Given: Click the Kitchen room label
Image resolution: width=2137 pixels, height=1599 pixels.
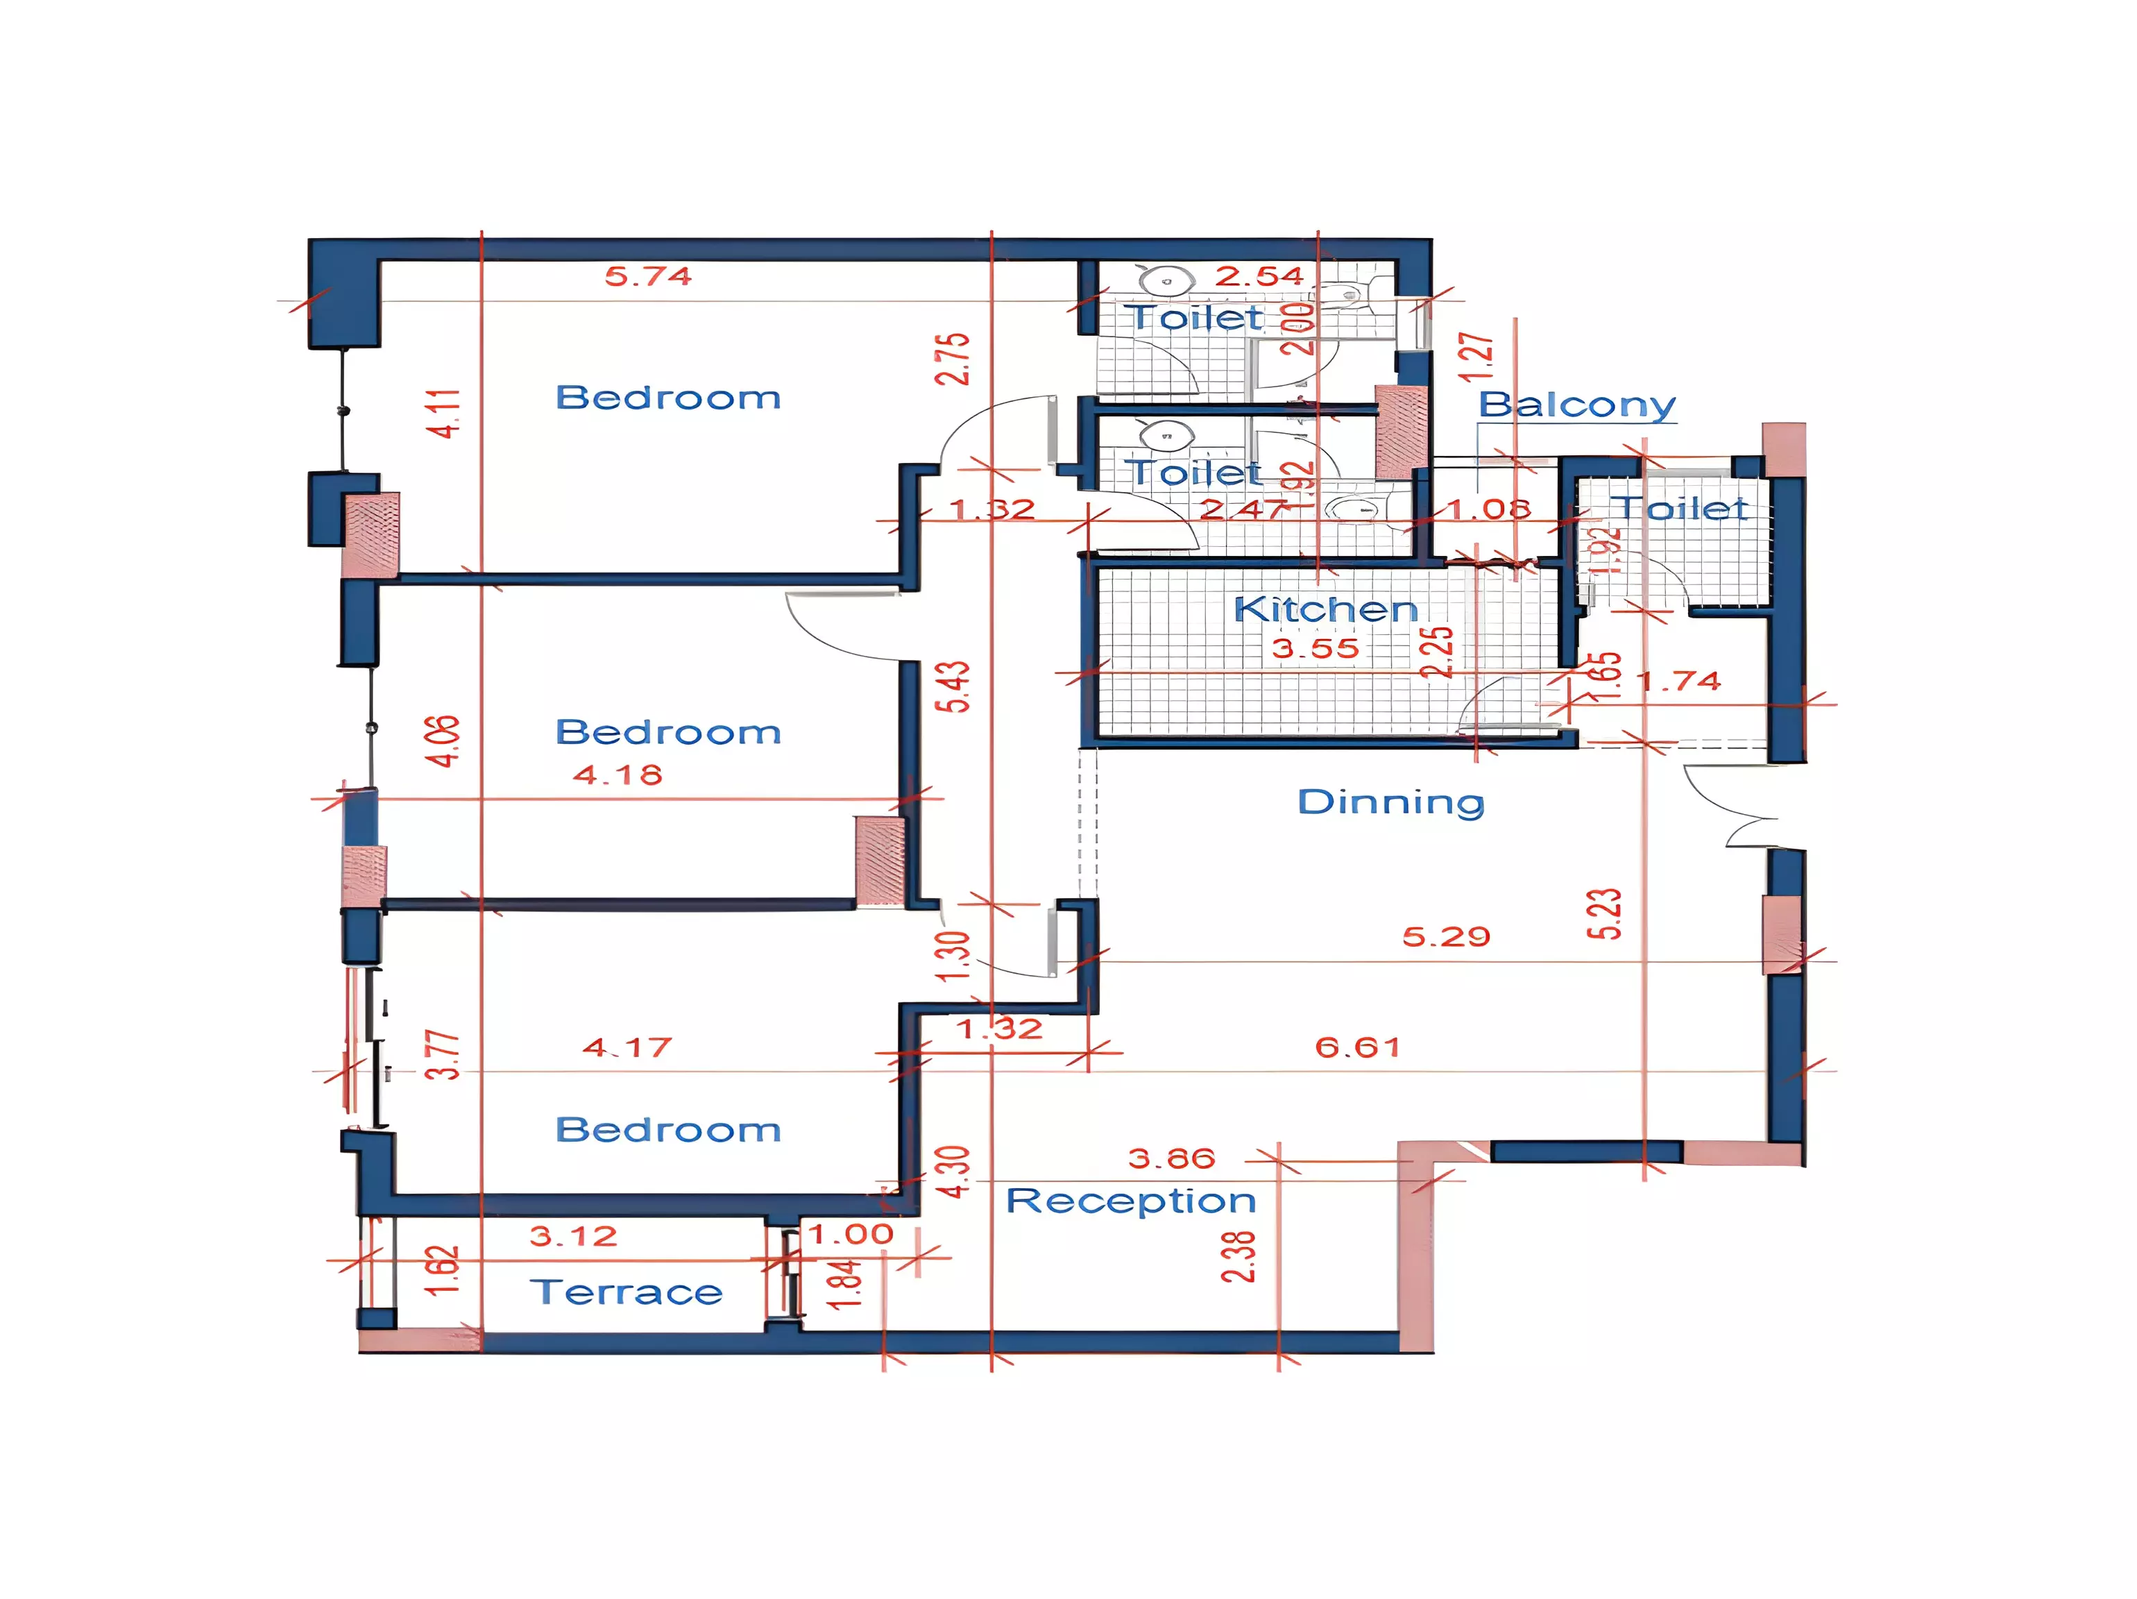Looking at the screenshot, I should point(1325,609).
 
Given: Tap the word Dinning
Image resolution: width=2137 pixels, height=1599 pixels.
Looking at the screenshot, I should point(1390,801).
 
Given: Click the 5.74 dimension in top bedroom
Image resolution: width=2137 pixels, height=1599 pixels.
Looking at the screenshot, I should point(648,276).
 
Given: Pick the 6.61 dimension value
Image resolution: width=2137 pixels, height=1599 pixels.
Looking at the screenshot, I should point(1357,1047).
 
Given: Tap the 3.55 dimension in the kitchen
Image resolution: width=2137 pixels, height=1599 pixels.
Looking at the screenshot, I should point(1315,648).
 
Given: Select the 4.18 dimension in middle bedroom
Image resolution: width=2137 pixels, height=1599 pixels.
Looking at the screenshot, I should point(618,775).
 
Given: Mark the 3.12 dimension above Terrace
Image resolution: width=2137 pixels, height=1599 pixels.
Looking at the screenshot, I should point(573,1236).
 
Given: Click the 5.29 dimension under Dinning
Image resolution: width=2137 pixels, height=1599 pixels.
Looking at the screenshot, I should point(1446,936).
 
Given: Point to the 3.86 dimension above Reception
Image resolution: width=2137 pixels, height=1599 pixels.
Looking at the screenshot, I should point(1171,1158).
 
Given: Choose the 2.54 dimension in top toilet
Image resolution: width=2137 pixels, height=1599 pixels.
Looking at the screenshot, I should point(1259,276).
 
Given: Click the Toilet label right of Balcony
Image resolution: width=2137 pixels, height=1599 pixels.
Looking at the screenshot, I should point(1682,508).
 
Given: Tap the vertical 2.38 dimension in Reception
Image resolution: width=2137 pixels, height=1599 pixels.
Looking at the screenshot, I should point(1238,1256).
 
